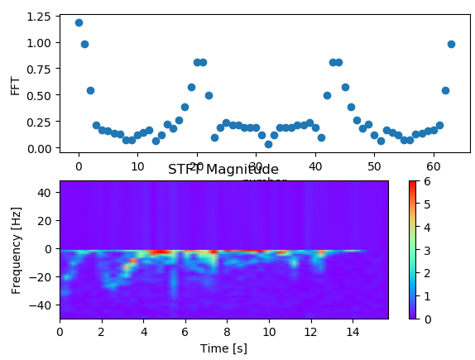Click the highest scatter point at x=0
point(79,22)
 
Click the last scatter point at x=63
point(451,44)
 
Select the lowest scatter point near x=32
point(268,144)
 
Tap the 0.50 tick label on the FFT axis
point(39,95)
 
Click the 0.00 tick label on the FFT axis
point(39,148)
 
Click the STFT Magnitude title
point(223,170)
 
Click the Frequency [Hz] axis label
point(15,249)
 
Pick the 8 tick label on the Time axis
point(228,332)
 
